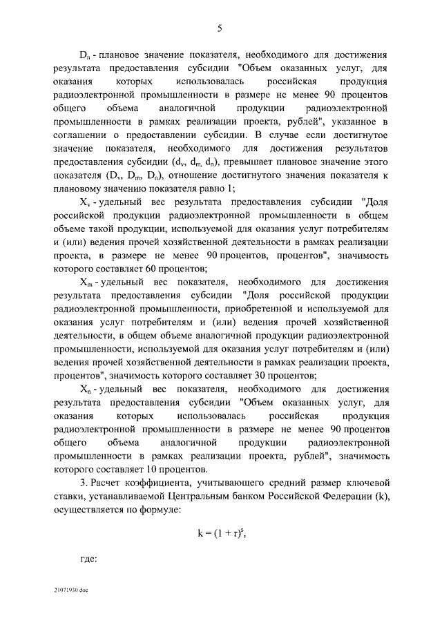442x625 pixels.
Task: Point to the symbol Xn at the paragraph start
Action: click(86, 390)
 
